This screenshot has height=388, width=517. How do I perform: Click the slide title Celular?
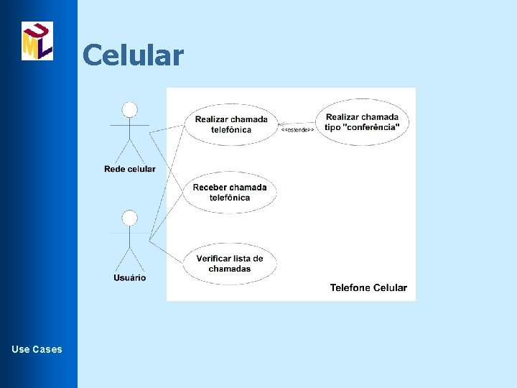pos(133,55)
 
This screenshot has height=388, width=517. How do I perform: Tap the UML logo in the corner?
pos(37,41)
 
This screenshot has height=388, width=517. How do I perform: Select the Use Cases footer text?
pos(37,349)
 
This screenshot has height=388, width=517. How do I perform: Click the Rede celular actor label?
pos(129,170)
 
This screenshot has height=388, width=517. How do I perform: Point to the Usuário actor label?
pos(129,278)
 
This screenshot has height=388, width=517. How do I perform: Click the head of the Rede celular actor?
pos(129,109)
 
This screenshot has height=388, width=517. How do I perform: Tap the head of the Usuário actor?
pos(129,218)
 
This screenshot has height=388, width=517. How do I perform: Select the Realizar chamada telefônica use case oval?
pos(230,124)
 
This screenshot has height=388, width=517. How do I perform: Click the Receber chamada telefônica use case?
pos(229,193)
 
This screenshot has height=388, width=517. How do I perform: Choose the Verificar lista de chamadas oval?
pos(229,264)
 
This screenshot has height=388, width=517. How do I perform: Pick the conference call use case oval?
pos(362,121)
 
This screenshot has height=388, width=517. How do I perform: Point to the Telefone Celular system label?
pos(368,288)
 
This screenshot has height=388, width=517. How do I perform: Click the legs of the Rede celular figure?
pos(129,151)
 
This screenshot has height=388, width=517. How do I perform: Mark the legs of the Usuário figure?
pos(129,259)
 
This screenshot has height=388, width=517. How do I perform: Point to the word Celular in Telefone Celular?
pos(388,288)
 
